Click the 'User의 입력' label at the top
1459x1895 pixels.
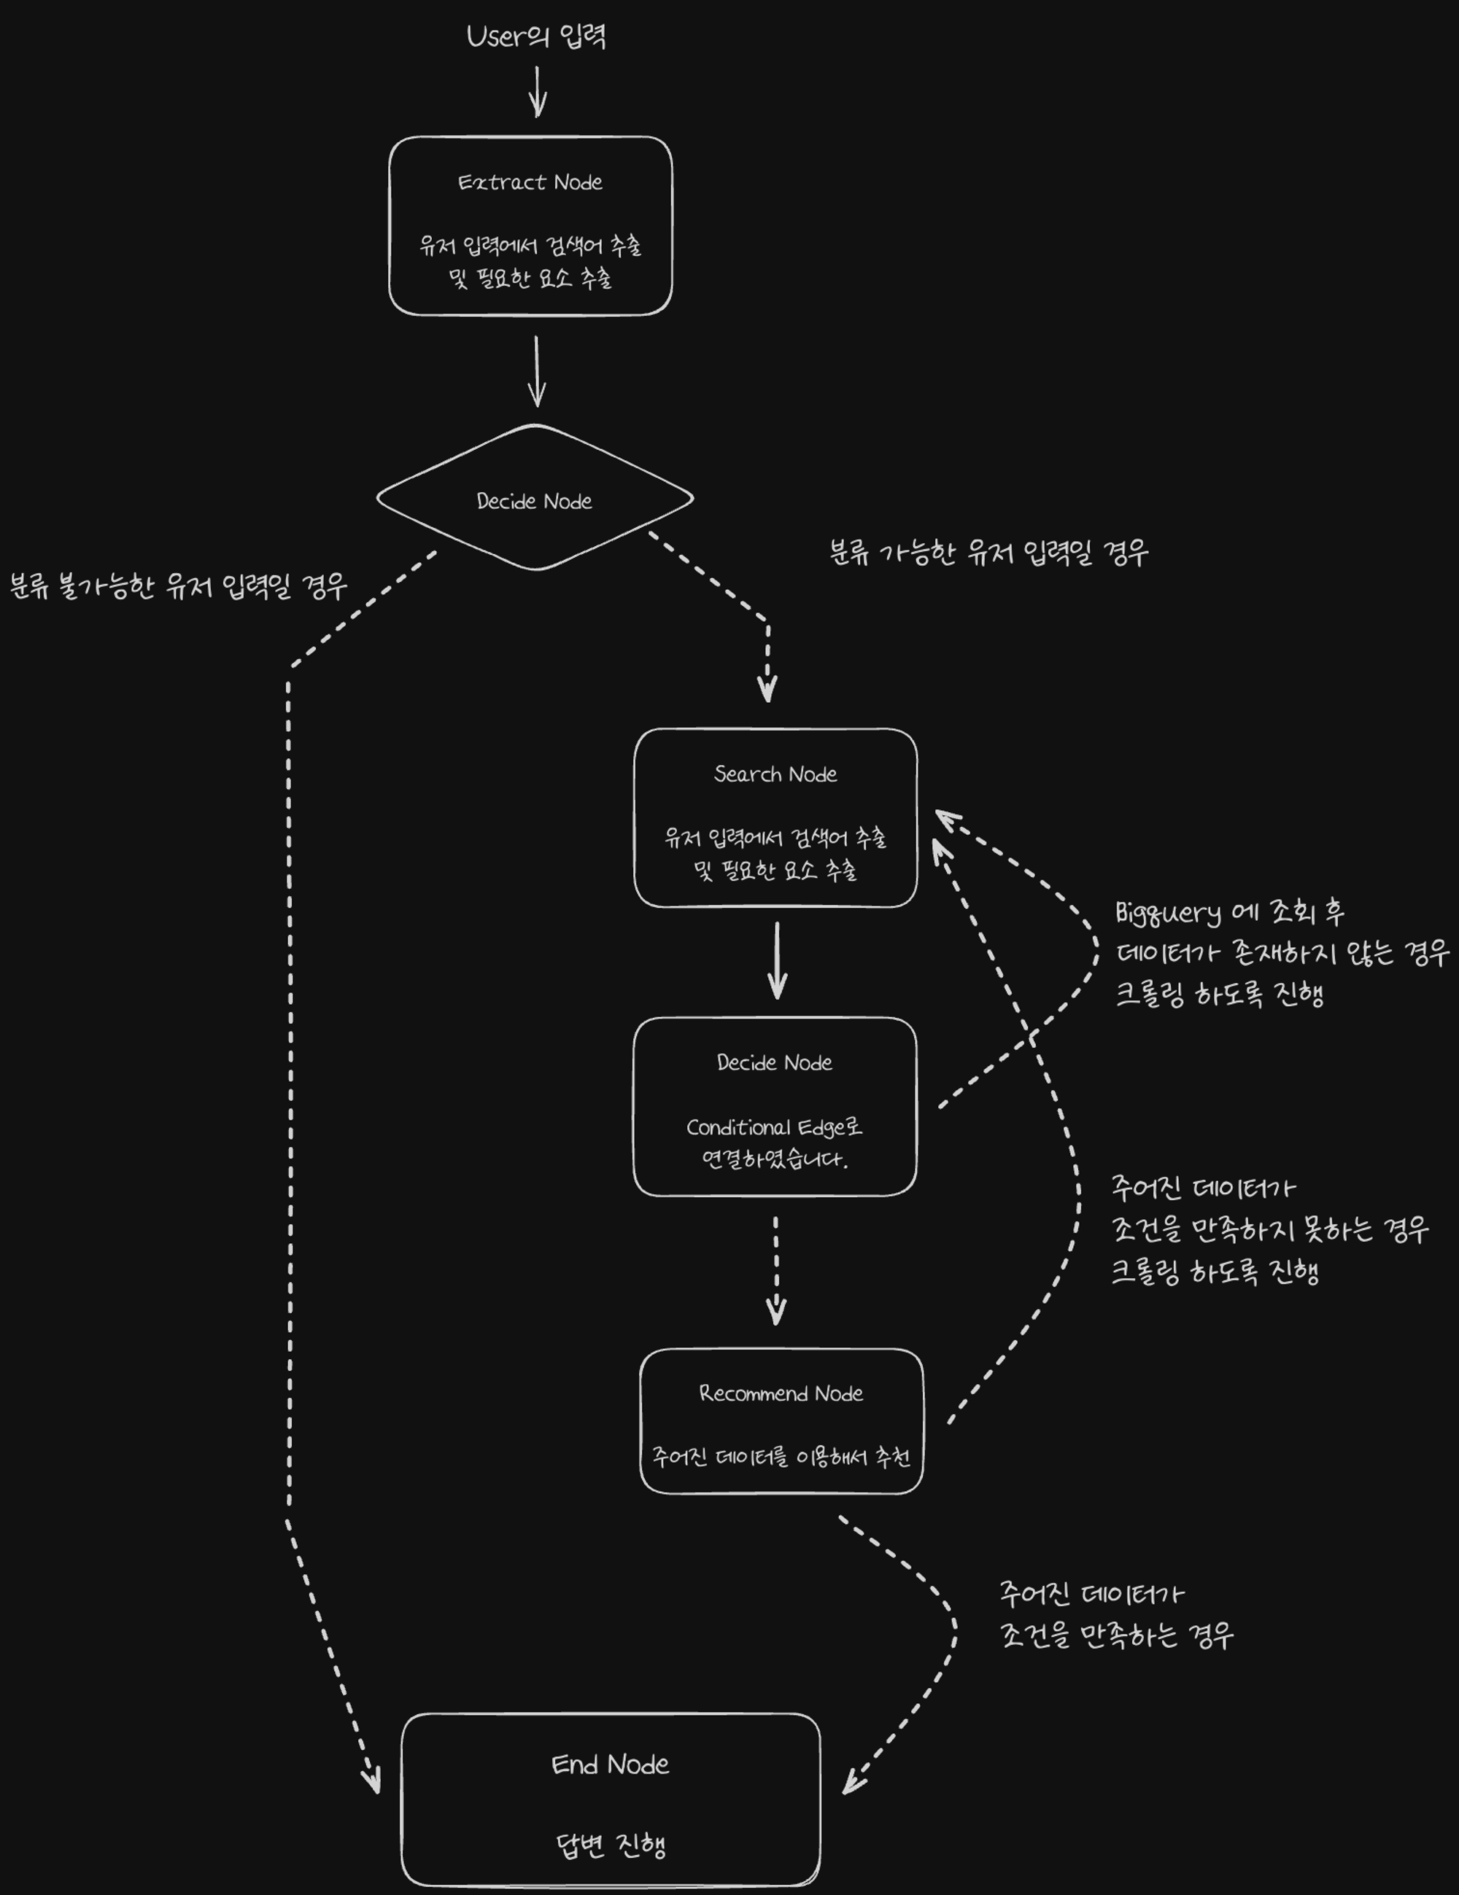(535, 36)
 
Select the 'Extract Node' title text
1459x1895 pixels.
(530, 182)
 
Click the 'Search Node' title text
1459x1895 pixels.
(775, 774)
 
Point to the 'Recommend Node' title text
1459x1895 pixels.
(781, 1393)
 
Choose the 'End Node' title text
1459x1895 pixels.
(610, 1764)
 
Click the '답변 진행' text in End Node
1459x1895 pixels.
(610, 1845)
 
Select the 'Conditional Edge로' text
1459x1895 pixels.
(774, 1127)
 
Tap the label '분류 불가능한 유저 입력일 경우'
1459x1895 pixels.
(179, 586)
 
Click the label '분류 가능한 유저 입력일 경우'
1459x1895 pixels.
(988, 553)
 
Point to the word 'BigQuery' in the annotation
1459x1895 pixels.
(1167, 913)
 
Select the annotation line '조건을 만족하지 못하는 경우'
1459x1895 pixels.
(1270, 1229)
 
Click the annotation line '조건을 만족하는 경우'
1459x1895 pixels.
(1117, 1635)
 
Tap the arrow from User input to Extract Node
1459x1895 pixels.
(538, 91)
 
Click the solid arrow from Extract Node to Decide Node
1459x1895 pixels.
(537, 371)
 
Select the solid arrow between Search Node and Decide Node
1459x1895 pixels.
(777, 960)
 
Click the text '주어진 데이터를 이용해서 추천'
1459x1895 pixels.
(781, 1457)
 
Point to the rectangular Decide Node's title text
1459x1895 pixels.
(774, 1063)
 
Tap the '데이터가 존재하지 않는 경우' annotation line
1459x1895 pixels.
(1282, 954)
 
